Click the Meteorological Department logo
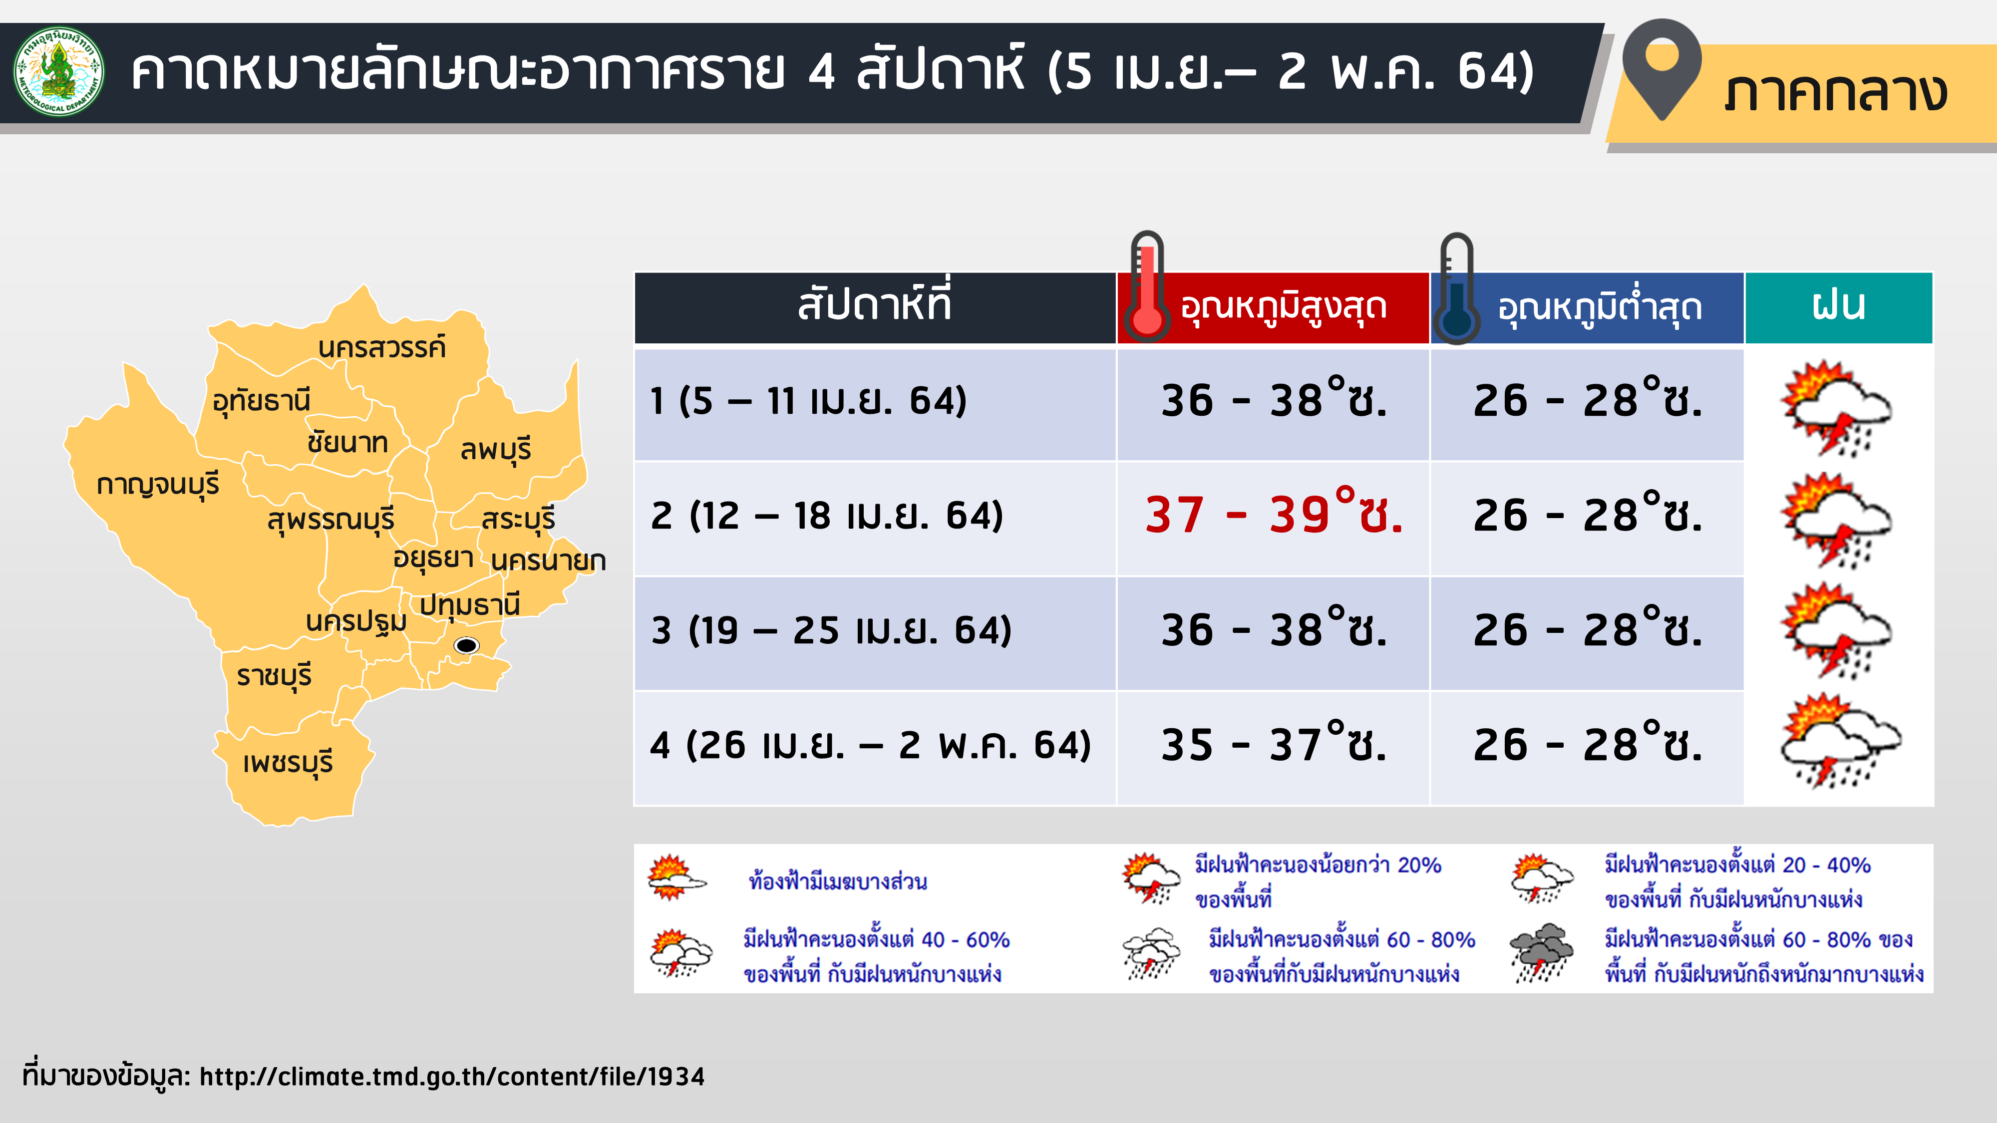point(59,72)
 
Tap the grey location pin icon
point(1662,68)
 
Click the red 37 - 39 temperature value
point(1274,515)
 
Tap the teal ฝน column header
point(1838,307)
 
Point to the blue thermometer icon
point(1456,288)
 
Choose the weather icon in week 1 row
point(1835,407)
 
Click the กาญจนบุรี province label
point(158,485)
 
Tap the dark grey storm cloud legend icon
point(1542,952)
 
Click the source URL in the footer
point(452,1077)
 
